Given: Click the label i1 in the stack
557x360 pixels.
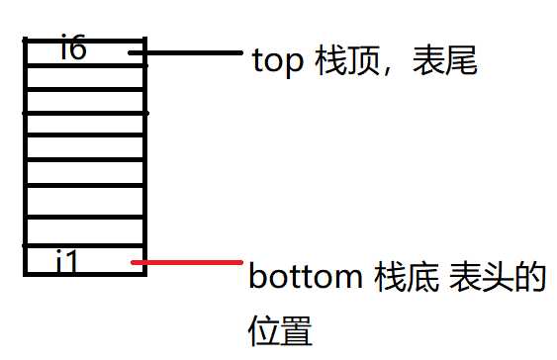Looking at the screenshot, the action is click(x=67, y=262).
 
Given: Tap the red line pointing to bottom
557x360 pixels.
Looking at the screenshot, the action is click(x=188, y=262).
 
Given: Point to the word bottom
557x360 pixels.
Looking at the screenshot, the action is click(x=305, y=278).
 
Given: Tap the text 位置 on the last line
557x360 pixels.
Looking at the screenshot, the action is click(x=280, y=329).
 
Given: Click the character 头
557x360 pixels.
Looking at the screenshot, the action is click(x=501, y=278).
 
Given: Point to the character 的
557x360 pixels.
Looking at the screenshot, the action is click(x=531, y=278).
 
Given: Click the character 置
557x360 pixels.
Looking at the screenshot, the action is click(x=297, y=329).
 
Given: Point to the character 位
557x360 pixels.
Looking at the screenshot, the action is click(x=264, y=329).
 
